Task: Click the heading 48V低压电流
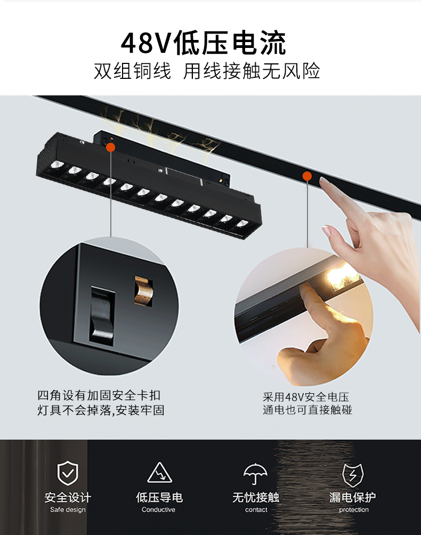(x=203, y=43)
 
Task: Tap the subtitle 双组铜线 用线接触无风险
(x=207, y=71)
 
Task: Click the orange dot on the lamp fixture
(x=110, y=148)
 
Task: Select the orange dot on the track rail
(x=307, y=176)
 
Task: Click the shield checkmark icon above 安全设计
(x=68, y=473)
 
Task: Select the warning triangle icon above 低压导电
(x=159, y=473)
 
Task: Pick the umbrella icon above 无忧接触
(x=255, y=473)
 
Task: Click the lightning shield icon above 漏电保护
(x=352, y=473)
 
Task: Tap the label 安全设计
(x=68, y=498)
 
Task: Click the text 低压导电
(x=159, y=498)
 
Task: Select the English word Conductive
(x=158, y=510)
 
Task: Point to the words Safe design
(x=68, y=510)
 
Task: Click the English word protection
(x=353, y=510)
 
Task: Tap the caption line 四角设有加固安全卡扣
(x=99, y=395)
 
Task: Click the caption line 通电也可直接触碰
(x=307, y=410)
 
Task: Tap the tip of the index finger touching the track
(x=323, y=181)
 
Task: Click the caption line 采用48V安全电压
(x=306, y=397)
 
